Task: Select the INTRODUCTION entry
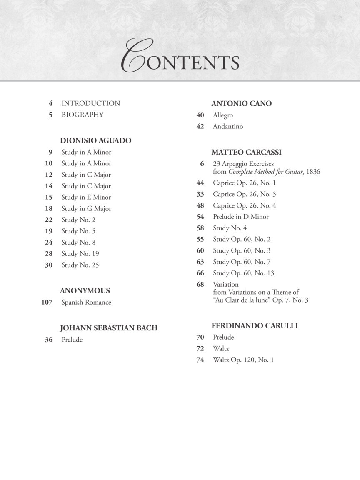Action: coord(90,103)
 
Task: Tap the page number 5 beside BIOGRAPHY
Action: coord(50,115)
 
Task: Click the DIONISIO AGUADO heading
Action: coord(95,140)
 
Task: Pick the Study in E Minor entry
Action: coord(86,197)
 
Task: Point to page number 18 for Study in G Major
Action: coord(49,208)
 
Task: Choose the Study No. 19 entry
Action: coord(80,253)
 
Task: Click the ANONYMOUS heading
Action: coord(85,290)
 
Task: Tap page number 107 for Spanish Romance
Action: coord(47,302)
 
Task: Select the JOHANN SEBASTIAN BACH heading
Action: coord(109,328)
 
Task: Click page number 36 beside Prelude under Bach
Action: coord(49,340)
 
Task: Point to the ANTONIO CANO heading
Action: coord(241,103)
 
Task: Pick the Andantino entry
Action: coord(227,126)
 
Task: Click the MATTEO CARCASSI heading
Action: coord(246,152)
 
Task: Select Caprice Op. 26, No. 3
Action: coord(244,194)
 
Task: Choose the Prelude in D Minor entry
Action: coord(240,217)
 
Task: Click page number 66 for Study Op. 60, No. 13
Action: coord(200,273)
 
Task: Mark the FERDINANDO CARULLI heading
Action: coord(254,325)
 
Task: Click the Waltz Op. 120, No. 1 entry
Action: coord(243,360)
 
